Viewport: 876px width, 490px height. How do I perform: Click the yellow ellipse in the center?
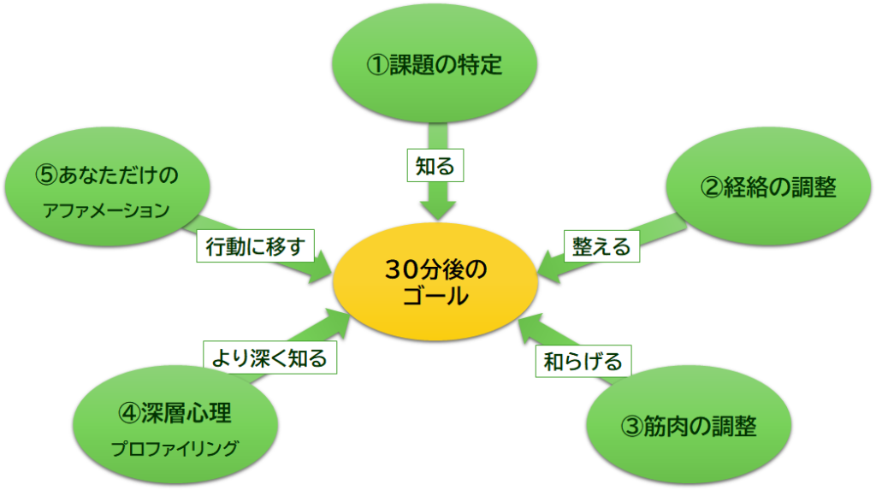tap(435, 281)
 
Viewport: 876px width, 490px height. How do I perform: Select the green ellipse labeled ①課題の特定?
tap(435, 63)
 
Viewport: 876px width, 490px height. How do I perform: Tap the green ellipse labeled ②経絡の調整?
tap(769, 186)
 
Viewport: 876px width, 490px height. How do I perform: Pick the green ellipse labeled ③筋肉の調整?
tap(689, 425)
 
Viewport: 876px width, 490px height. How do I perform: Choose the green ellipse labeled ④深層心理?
tap(175, 425)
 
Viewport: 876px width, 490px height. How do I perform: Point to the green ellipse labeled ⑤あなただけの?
tap(107, 186)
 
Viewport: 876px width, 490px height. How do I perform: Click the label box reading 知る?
tap(435, 165)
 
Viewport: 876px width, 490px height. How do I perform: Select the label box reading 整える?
tap(601, 246)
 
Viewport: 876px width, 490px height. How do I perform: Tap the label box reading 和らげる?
tap(583, 362)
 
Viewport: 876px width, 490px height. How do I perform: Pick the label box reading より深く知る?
tap(269, 357)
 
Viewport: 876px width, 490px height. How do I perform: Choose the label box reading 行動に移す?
tap(255, 245)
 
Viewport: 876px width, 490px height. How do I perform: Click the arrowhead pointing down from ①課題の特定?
tap(438, 210)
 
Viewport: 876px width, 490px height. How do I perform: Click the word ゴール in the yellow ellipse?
tap(435, 296)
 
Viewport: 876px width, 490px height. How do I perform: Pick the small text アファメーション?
tap(106, 210)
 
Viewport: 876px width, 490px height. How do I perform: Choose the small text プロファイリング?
tap(175, 448)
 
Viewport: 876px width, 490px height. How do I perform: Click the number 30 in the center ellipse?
tap(401, 269)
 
